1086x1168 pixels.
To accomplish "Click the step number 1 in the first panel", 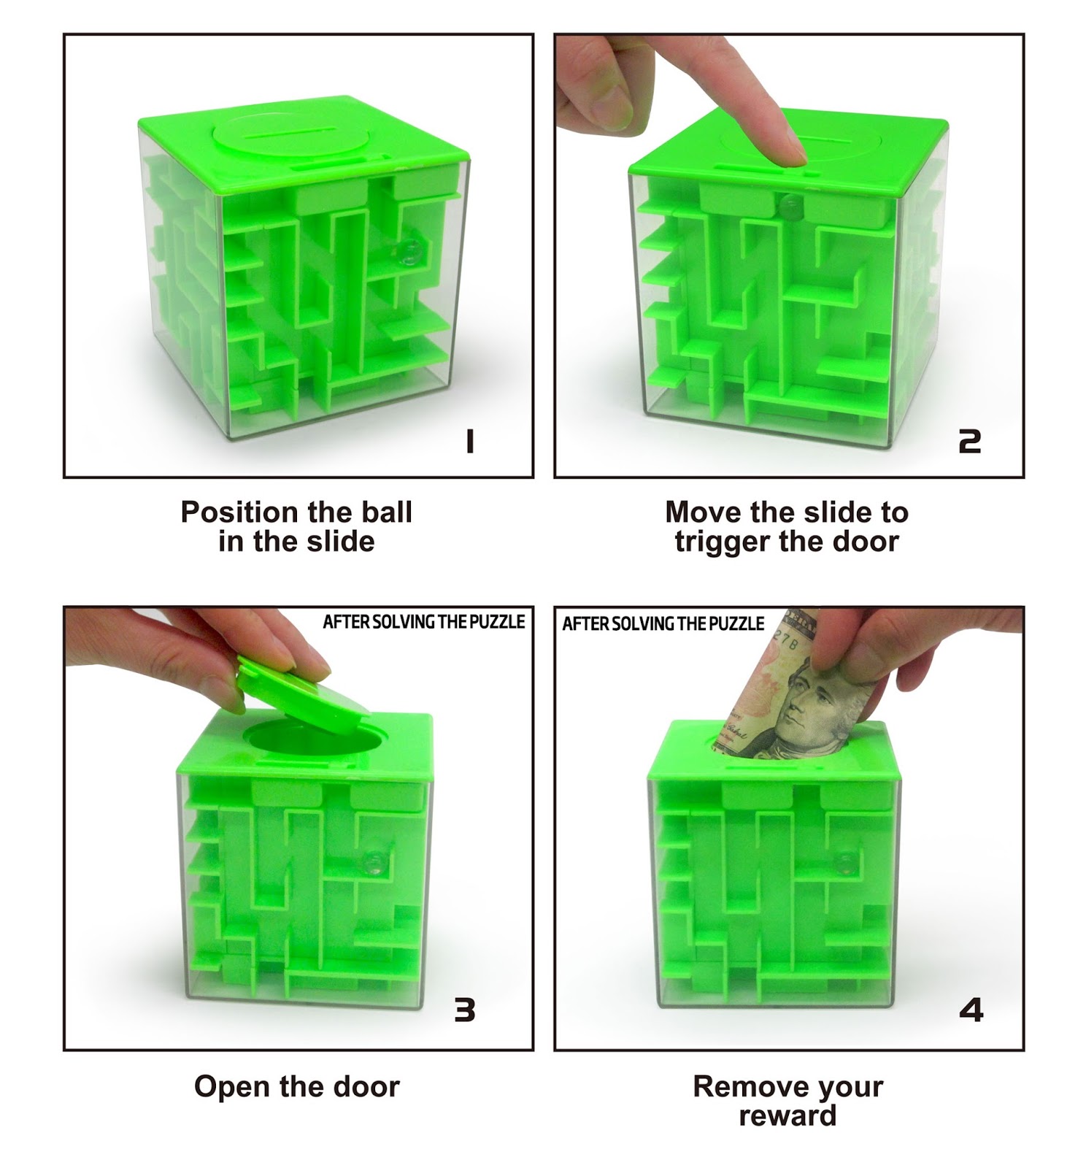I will (x=470, y=441).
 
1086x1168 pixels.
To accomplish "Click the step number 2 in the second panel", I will (x=969, y=441).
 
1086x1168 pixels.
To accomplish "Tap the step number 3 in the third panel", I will (x=465, y=1010).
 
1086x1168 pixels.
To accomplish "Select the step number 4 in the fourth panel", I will (x=971, y=1010).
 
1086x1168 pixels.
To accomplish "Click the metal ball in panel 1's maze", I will (x=410, y=252).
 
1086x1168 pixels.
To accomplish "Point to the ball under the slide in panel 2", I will (x=787, y=207).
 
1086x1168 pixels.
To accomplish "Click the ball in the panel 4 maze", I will (x=846, y=861).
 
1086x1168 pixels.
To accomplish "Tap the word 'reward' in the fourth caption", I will (x=787, y=1116).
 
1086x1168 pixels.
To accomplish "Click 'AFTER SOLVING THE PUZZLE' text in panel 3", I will (x=423, y=622).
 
